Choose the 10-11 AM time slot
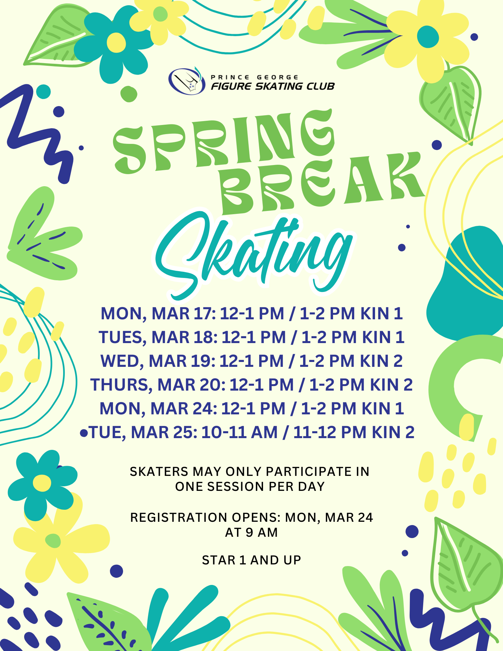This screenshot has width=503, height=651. (240, 432)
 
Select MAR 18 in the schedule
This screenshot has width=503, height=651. (185, 337)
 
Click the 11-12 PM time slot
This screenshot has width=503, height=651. (330, 432)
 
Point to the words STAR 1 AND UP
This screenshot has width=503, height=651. (251, 560)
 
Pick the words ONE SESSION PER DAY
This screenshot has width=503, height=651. (250, 487)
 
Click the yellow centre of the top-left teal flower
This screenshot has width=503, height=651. (116, 43)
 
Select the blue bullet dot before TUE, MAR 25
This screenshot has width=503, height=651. (84, 433)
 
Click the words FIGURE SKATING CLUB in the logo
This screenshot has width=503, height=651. (273, 86)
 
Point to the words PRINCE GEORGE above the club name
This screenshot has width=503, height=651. (255, 77)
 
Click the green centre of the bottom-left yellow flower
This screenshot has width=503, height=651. (53, 541)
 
